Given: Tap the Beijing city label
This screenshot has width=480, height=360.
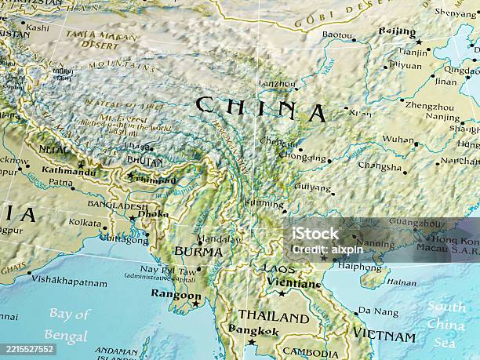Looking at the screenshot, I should [397, 32].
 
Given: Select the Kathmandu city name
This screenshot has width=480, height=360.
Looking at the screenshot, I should [68, 171].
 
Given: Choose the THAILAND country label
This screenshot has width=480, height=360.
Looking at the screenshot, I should [273, 317].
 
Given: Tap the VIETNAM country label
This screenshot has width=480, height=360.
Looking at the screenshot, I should [384, 335].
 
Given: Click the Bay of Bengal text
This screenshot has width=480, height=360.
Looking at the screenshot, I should [68, 324].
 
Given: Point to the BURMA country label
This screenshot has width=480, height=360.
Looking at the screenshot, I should [198, 252].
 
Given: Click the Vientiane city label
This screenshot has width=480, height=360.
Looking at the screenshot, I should [293, 282].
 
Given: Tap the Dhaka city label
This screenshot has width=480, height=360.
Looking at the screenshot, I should [153, 213].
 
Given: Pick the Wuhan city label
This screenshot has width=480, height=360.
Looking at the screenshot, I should [398, 140].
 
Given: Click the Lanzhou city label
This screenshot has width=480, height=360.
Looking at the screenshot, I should [278, 82].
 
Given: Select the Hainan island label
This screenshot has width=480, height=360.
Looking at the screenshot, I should [402, 282].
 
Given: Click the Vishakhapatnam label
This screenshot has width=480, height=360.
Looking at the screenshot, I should [68, 278].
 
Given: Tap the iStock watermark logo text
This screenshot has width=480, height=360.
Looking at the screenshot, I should [315, 233].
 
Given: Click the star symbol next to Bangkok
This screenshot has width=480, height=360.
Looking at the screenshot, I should [251, 342].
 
